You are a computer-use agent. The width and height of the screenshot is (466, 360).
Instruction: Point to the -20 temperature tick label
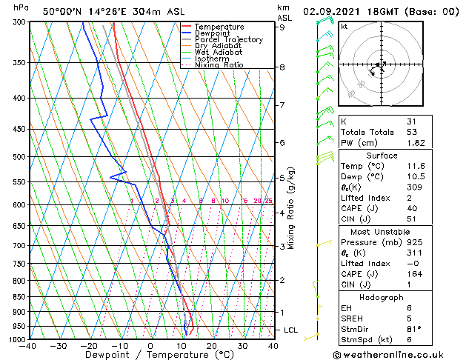point(88,345)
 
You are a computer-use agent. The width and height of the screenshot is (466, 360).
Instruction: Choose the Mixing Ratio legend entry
point(219,65)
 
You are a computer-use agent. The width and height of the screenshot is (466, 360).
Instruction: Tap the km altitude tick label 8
point(282,67)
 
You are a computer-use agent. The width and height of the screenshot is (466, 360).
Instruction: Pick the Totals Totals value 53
point(411,132)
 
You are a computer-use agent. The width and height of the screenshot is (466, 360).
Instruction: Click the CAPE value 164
point(413,273)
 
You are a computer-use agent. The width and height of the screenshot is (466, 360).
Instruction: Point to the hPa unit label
point(21,8)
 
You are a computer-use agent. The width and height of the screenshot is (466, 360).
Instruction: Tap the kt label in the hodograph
point(344,26)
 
